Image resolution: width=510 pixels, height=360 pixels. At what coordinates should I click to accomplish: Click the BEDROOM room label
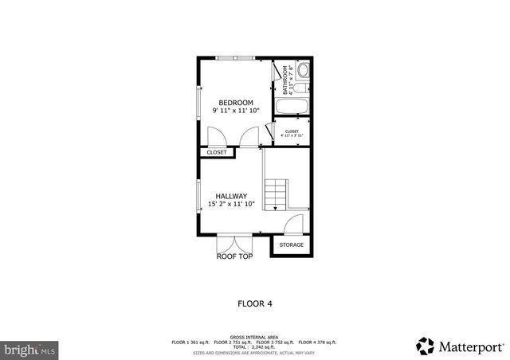pyautogui.click(x=236, y=103)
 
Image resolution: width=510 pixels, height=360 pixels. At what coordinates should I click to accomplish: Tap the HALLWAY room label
pyautogui.click(x=231, y=196)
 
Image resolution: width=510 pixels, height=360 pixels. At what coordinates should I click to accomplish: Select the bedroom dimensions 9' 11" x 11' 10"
pyautogui.click(x=236, y=111)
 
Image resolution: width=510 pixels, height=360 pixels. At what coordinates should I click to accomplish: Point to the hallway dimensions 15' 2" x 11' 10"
pyautogui.click(x=231, y=205)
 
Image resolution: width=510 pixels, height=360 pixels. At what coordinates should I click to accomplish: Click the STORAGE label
pyautogui.click(x=291, y=245)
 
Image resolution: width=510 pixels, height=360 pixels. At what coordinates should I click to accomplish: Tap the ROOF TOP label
pyautogui.click(x=234, y=256)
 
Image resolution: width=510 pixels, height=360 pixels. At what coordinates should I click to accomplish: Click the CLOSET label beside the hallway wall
pyautogui.click(x=217, y=152)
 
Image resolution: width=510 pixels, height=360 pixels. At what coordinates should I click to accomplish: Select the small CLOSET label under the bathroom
pyautogui.click(x=292, y=131)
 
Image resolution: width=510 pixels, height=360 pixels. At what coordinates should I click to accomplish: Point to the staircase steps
pyautogui.click(x=275, y=194)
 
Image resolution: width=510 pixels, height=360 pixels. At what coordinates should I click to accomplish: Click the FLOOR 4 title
pyautogui.click(x=255, y=303)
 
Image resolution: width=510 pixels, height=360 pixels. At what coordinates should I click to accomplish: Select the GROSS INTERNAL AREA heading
pyautogui.click(x=254, y=337)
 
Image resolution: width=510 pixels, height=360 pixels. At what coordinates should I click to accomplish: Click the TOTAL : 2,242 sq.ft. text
pyautogui.click(x=254, y=346)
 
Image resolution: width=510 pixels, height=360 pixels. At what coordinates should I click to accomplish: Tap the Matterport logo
pyautogui.click(x=460, y=346)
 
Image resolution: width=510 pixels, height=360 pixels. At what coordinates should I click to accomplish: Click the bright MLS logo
pyautogui.click(x=30, y=349)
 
